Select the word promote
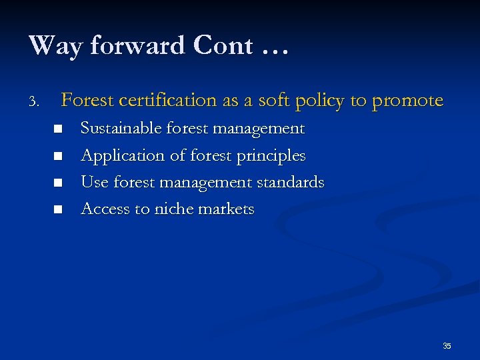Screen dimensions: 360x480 pyautogui.click(x=407, y=101)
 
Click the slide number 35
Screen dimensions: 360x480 pyautogui.click(x=447, y=345)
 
